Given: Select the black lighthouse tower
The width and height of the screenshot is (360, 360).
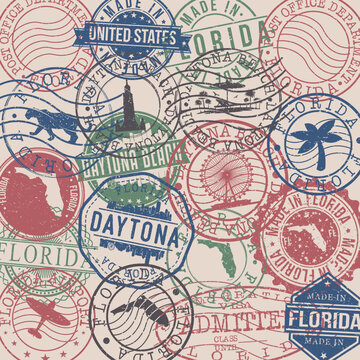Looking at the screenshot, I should [127, 110].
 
